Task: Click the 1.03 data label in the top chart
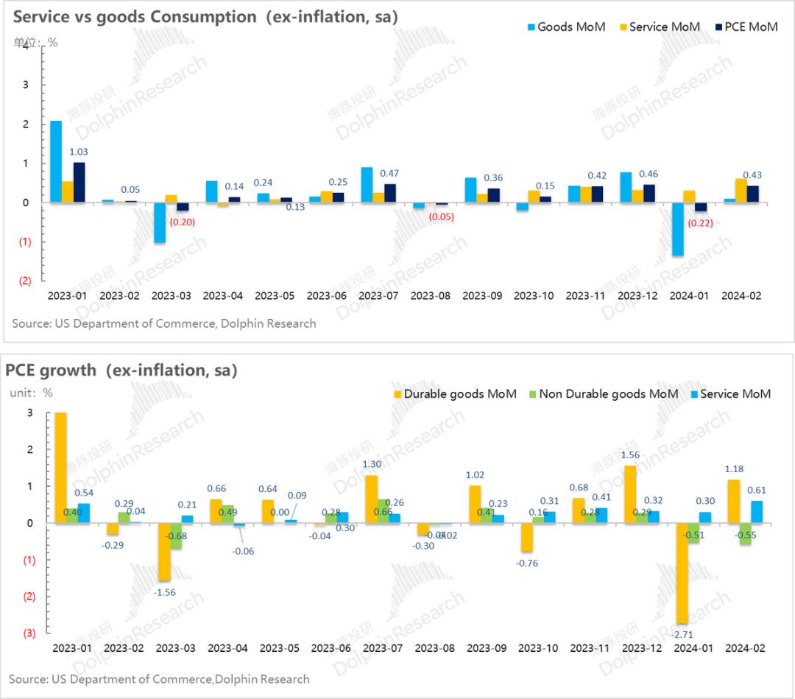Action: coord(79,151)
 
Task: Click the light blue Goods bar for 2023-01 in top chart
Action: coord(56,161)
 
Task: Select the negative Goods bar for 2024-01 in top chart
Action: coord(677,229)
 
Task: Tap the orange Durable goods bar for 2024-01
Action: coord(682,573)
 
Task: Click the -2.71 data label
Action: coord(684,633)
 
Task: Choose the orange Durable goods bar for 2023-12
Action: coord(630,494)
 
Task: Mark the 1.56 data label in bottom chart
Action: coord(631,456)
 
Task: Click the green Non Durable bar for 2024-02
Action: coord(745,534)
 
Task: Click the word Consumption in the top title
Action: coord(195,16)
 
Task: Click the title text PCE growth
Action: coord(51,370)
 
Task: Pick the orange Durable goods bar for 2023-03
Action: coord(163,552)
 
